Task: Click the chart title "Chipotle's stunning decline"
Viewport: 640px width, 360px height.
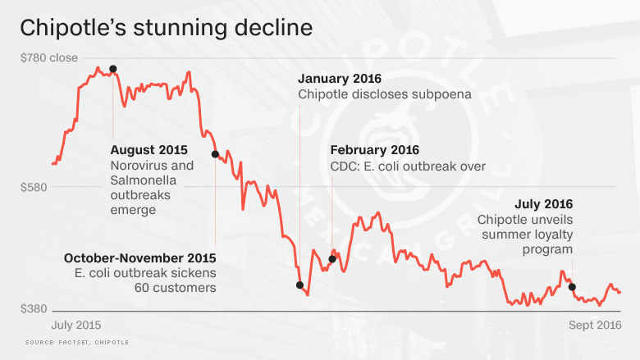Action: pyautogui.click(x=166, y=27)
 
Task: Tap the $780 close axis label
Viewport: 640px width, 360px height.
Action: pyautogui.click(x=48, y=58)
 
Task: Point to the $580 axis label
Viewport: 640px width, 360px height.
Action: pyautogui.click(x=34, y=187)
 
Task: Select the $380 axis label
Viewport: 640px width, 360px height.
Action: pyautogui.click(x=34, y=309)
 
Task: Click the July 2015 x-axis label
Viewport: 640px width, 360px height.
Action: pyautogui.click(x=76, y=326)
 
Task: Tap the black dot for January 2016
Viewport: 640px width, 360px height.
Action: pyautogui.click(x=299, y=285)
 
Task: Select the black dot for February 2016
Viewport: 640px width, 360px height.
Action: pyautogui.click(x=332, y=259)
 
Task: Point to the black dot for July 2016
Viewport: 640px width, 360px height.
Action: pyautogui.click(x=572, y=287)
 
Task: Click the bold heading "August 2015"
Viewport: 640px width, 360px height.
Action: pyautogui.click(x=149, y=150)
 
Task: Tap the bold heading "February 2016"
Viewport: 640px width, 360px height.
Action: pyautogui.click(x=374, y=150)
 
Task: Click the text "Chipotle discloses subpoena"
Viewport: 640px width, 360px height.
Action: pyautogui.click(x=384, y=94)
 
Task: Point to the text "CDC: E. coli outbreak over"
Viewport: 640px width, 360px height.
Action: pyautogui.click(x=408, y=166)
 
